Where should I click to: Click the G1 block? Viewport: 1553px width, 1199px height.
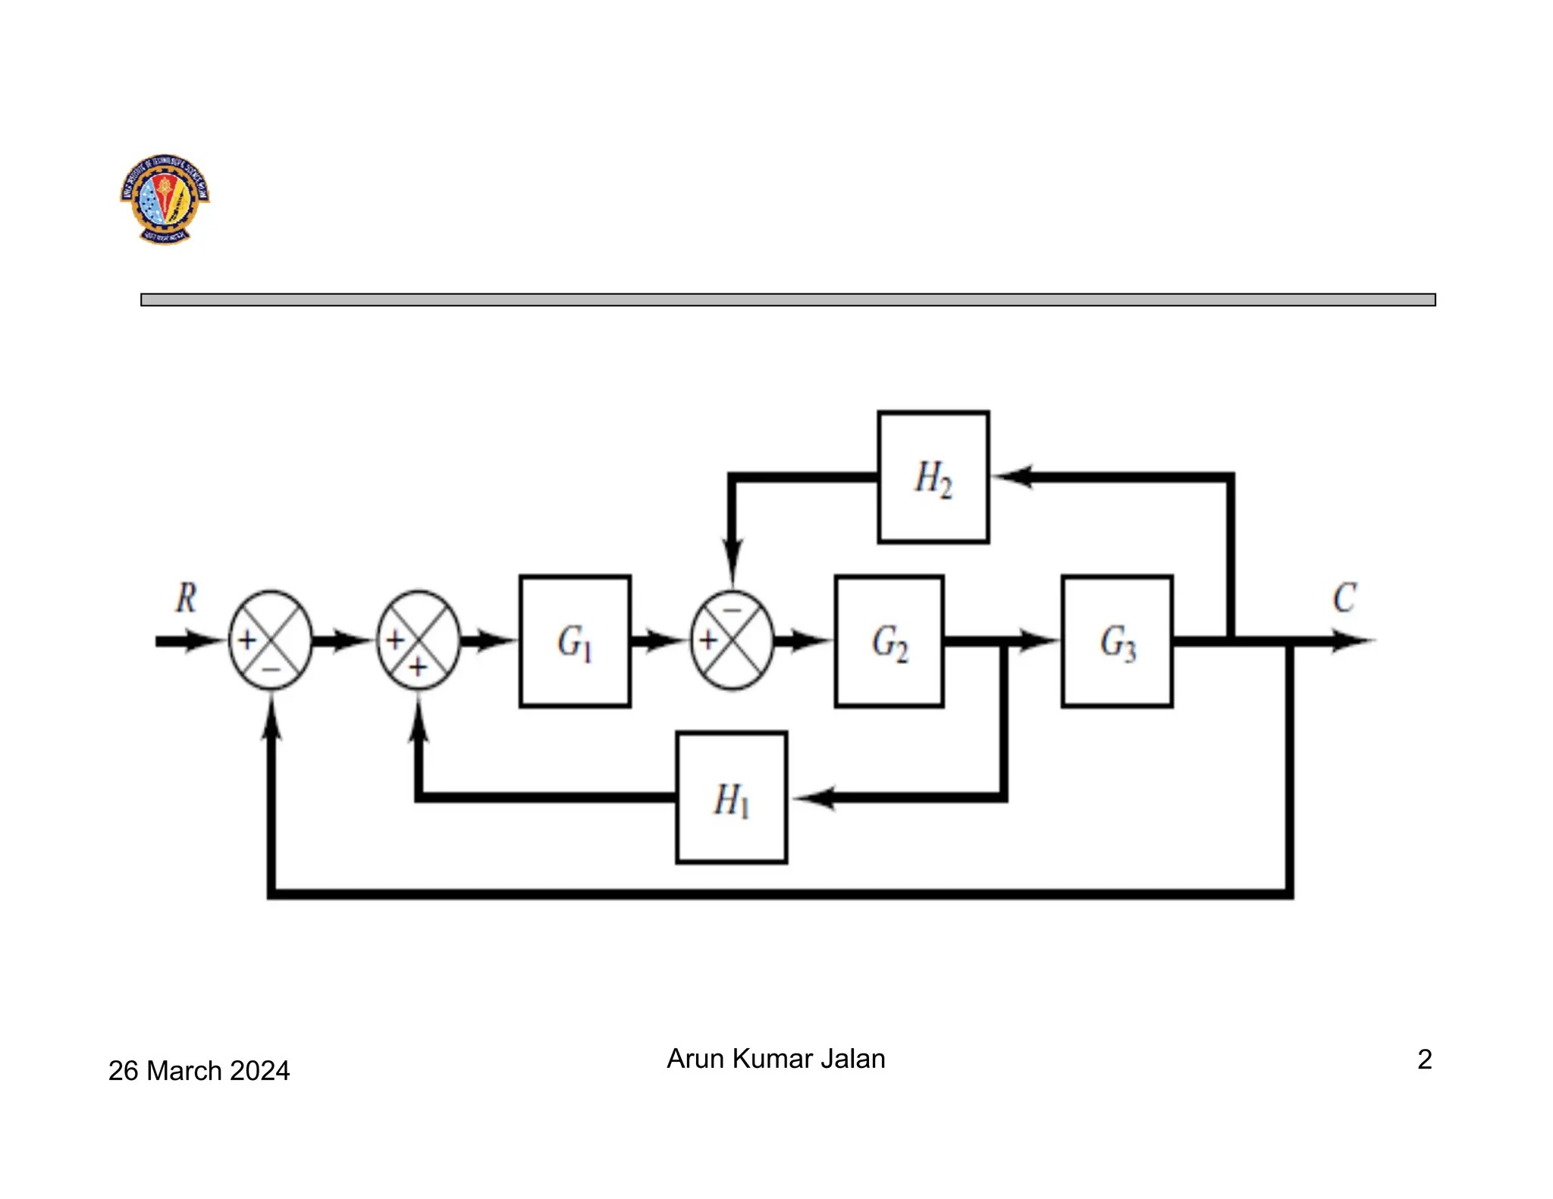(x=575, y=641)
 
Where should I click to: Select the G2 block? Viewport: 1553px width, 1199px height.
(x=889, y=641)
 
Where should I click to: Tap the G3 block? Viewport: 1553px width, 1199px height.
(x=1117, y=641)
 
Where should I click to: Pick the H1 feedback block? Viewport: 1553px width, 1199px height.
(x=731, y=797)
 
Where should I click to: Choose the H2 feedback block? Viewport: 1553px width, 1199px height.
(x=933, y=477)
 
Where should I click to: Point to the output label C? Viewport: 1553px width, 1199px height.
(x=1344, y=598)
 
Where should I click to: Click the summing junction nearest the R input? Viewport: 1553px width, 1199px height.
(x=271, y=640)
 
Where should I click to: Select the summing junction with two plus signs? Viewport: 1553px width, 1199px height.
(x=419, y=640)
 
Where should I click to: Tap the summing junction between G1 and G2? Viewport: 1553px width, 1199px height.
(x=732, y=640)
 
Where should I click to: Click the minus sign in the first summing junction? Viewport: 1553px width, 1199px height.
(x=271, y=669)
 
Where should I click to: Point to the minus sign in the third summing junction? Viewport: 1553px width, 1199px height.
(x=732, y=609)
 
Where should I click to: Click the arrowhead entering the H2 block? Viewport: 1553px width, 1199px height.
(x=1012, y=477)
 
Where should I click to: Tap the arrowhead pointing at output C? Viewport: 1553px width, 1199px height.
(x=1354, y=641)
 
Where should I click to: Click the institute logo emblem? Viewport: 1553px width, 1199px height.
(x=165, y=199)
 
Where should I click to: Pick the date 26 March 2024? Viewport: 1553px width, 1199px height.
(x=199, y=1070)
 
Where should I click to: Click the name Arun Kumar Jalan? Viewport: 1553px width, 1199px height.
(x=776, y=1058)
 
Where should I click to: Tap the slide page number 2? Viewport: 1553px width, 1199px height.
(x=1424, y=1059)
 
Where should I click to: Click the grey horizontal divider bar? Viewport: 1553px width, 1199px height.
(x=788, y=299)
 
